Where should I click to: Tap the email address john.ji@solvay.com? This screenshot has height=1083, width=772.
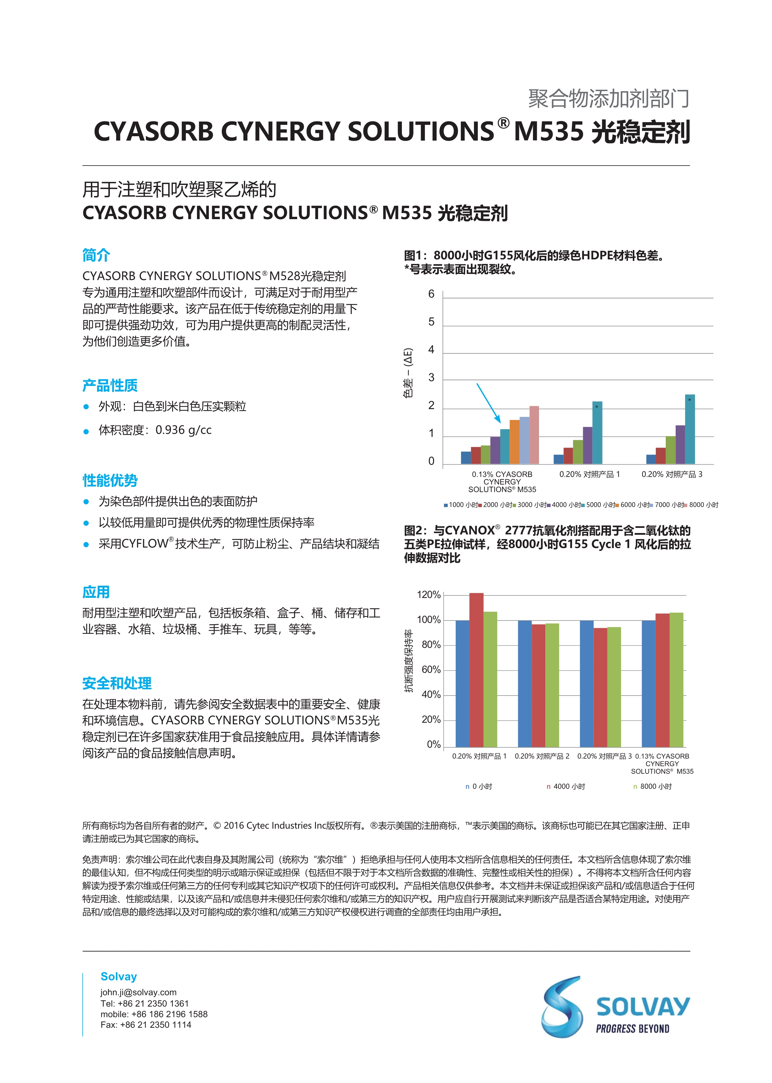tap(138, 992)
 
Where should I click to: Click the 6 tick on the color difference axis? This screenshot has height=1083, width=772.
tap(431, 294)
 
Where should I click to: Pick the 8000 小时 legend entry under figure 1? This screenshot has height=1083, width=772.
tap(703, 505)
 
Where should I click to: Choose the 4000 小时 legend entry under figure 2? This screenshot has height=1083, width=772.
tap(569, 786)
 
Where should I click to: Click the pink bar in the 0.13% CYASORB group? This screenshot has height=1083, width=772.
tap(534, 435)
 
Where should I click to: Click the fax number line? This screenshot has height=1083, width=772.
tap(146, 1025)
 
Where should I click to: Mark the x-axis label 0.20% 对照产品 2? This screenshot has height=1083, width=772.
tap(542, 756)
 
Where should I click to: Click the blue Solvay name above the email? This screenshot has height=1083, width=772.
tap(119, 976)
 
